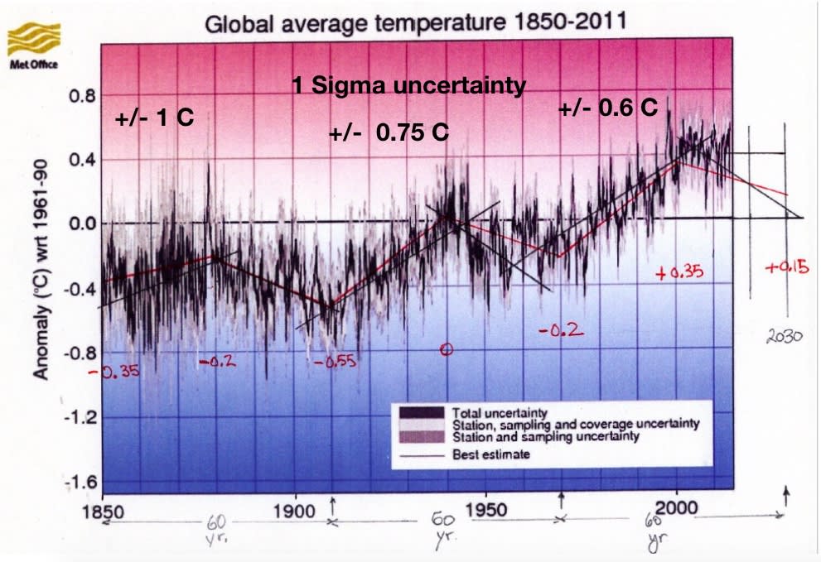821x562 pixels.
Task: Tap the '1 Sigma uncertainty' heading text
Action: coord(408,85)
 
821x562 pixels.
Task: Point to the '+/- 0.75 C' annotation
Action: coord(389,132)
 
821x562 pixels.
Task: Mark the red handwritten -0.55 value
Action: coord(334,362)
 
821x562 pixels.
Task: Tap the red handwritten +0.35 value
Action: coord(678,274)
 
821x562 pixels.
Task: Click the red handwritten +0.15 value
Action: coord(786,267)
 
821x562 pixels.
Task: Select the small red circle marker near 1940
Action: coord(447,349)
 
